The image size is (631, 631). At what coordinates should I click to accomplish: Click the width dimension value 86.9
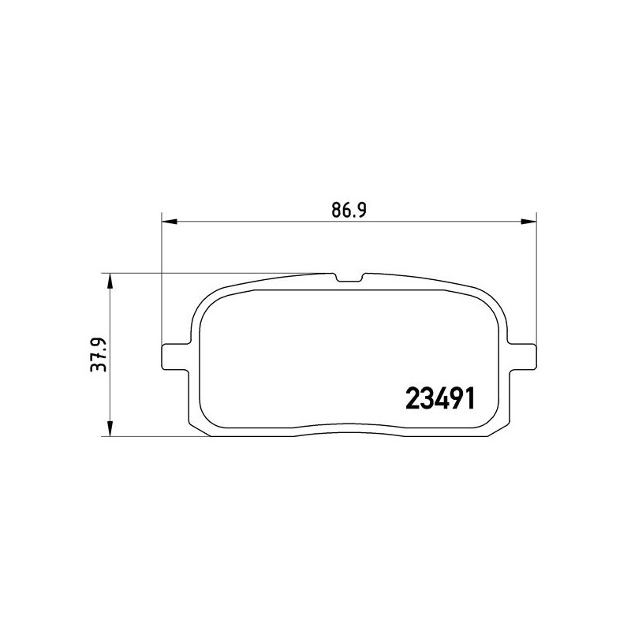(349, 210)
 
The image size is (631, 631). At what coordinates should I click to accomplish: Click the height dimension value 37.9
(99, 354)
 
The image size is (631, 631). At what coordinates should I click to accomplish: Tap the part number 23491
(440, 398)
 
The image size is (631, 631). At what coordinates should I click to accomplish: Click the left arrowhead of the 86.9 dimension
(169, 222)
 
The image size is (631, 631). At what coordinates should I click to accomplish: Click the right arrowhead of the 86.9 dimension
(528, 222)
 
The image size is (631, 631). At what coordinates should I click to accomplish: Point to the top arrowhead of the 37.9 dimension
(110, 282)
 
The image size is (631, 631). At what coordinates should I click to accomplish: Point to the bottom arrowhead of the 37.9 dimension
(110, 428)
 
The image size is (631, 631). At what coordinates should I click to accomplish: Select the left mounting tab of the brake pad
(175, 357)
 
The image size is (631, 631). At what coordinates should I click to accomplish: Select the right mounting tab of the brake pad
(522, 357)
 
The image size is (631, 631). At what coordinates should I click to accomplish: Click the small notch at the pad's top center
(349, 278)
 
